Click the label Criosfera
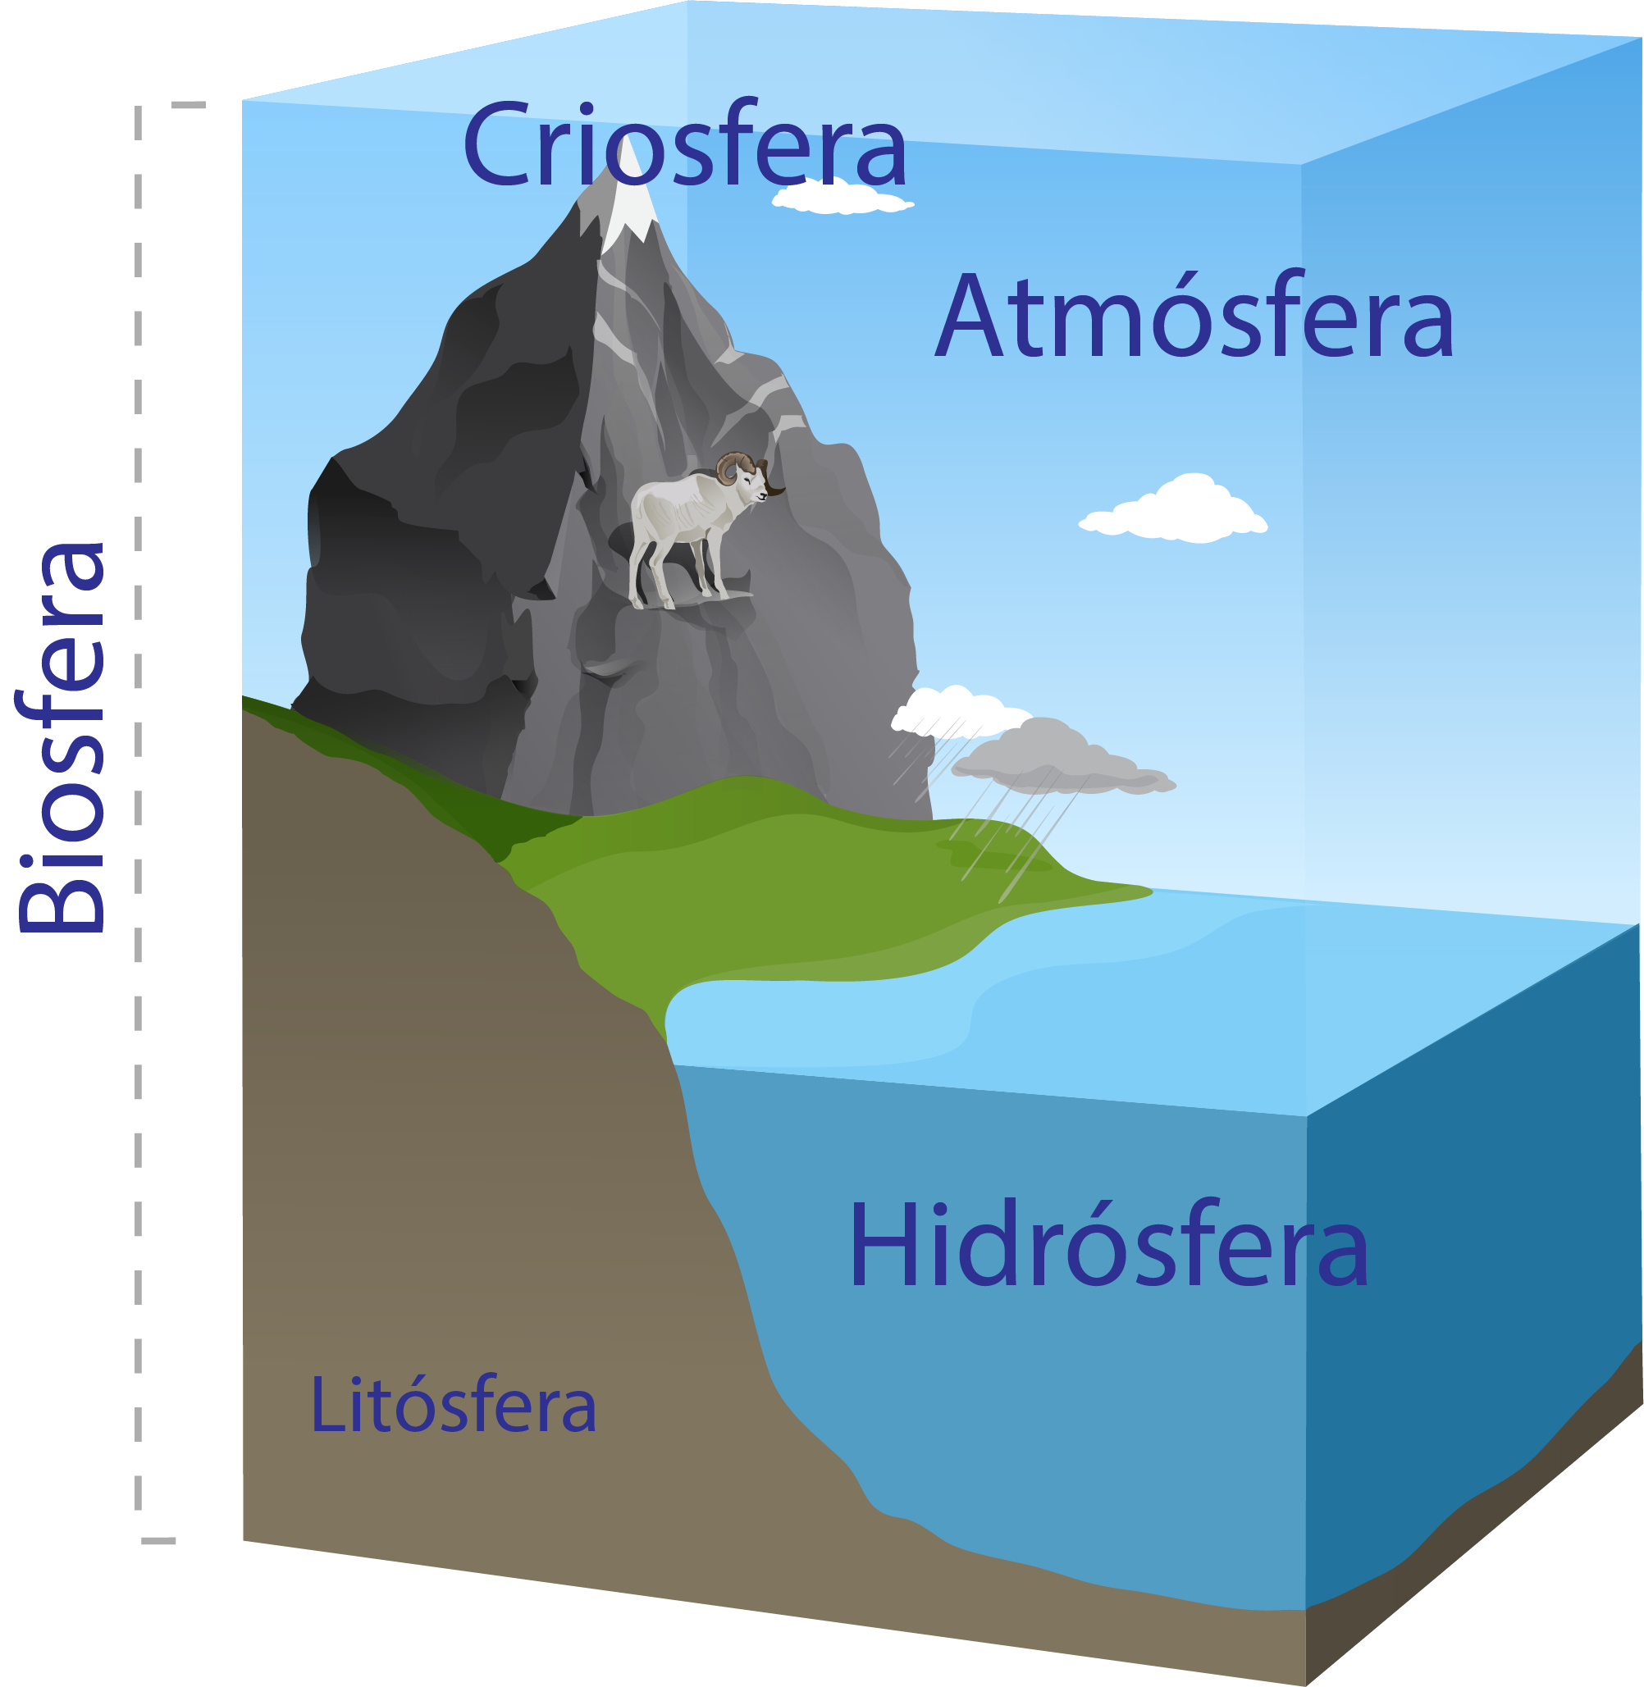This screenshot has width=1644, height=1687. coord(685,145)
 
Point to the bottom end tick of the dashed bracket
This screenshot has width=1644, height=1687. coord(159,1540)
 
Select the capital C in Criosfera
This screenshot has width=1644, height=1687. coord(495,144)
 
